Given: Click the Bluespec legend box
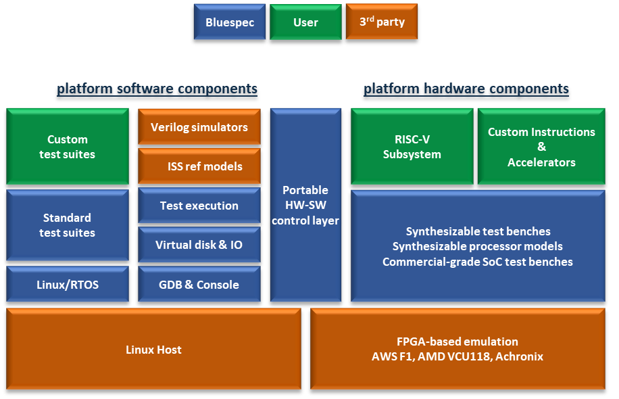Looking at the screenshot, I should click(x=230, y=22).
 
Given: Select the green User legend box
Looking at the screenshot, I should click(x=305, y=22).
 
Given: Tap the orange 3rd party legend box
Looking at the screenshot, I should click(x=381, y=22).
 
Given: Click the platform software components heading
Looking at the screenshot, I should click(x=157, y=89).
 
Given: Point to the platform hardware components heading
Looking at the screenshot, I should click(x=466, y=89).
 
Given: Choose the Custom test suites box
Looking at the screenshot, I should click(x=67, y=147).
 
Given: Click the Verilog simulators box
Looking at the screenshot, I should click(x=199, y=127).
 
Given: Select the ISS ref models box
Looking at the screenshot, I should click(x=199, y=166).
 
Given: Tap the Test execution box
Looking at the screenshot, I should click(x=199, y=206).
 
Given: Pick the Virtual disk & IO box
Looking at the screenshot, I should click(x=199, y=245).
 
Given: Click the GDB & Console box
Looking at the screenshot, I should click(x=199, y=285).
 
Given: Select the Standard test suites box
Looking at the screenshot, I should click(x=67, y=225).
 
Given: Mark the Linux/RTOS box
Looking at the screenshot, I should click(x=67, y=285).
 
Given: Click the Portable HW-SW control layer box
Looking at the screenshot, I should click(x=305, y=205).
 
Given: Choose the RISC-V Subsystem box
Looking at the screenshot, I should click(x=412, y=147).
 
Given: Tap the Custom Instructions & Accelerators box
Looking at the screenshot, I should click(x=541, y=147).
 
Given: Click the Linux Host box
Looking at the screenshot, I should click(x=153, y=350).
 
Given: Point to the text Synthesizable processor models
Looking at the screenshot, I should click(x=477, y=246).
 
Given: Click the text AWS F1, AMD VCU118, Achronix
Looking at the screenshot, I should click(x=457, y=356).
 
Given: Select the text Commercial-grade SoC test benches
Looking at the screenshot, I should click(x=477, y=262).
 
